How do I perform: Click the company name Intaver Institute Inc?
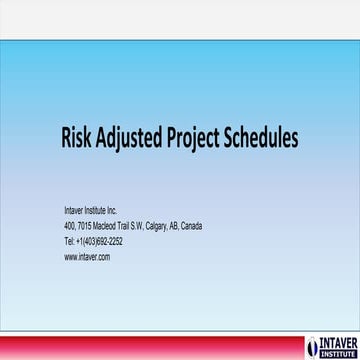tap(91, 212)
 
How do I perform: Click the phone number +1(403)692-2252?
tap(100, 241)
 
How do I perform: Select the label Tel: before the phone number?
tap(69, 241)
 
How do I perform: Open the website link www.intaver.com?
tap(87, 256)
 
